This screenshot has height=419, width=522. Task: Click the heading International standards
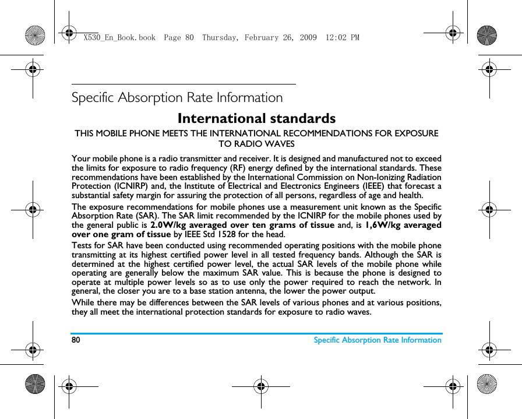pyautogui.click(x=256, y=118)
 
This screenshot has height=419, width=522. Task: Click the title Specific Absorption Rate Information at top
pyautogui.click(x=177, y=97)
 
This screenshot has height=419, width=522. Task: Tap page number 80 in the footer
pyautogui.click(x=76, y=340)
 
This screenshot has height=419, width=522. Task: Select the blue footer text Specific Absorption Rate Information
pyautogui.click(x=378, y=340)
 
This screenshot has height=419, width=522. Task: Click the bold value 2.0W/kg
pyautogui.click(x=168, y=225)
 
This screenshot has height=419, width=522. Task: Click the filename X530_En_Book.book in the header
pyautogui.click(x=119, y=38)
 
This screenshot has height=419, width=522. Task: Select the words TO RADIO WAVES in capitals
pyautogui.click(x=256, y=143)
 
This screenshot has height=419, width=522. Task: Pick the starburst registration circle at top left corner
pyautogui.click(x=35, y=36)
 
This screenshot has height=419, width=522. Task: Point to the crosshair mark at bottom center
pyautogui.click(x=260, y=385)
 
